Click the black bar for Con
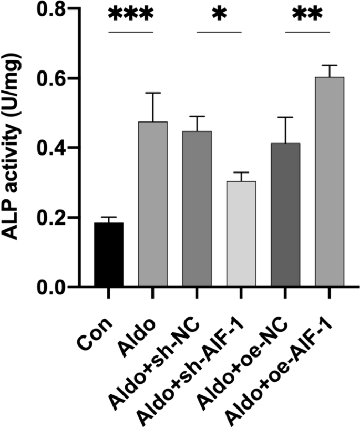point(109,254)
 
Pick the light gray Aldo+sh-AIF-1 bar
point(241,234)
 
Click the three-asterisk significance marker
point(130,15)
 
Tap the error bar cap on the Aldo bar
point(153,93)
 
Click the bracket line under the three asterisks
point(130,32)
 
